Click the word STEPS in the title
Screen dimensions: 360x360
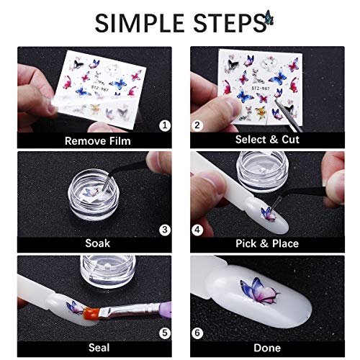[x=225, y=22]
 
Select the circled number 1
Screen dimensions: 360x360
[x=165, y=125]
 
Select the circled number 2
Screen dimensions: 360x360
[x=197, y=125]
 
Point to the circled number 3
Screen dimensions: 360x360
[x=165, y=230]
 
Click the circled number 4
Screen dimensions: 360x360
[x=197, y=230]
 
